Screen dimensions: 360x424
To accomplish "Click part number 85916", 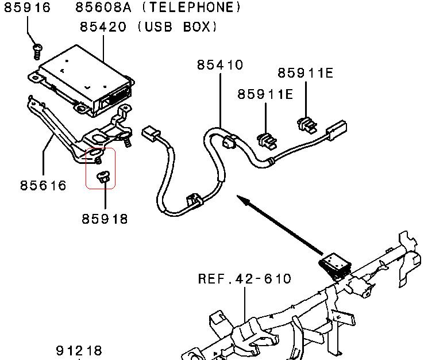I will pyautogui.click(x=28, y=8).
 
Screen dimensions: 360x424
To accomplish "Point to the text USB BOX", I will pyautogui.click(x=178, y=27).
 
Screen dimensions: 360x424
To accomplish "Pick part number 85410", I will pyautogui.click(x=220, y=65).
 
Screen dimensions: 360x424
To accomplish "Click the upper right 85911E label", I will pyautogui.click(x=306, y=73).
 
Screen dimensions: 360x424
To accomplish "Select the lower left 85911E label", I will pyautogui.click(x=265, y=94).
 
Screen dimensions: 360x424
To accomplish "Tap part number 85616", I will pyautogui.click(x=43, y=185).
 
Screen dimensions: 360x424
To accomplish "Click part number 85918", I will pyautogui.click(x=105, y=219).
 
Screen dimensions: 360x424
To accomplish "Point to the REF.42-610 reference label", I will pyautogui.click(x=245, y=279).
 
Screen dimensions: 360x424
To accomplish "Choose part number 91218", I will pyautogui.click(x=79, y=350).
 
